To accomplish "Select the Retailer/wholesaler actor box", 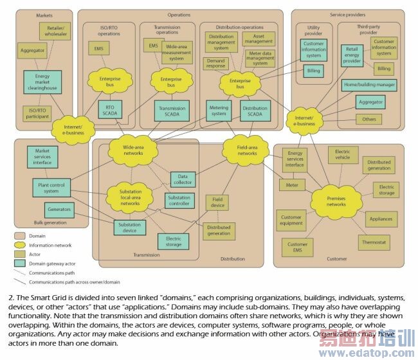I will click(54, 31).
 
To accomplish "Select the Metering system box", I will click(219, 111).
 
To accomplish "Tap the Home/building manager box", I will click(369, 85).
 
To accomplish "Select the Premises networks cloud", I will click(336, 200).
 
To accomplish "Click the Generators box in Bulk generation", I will click(59, 209).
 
